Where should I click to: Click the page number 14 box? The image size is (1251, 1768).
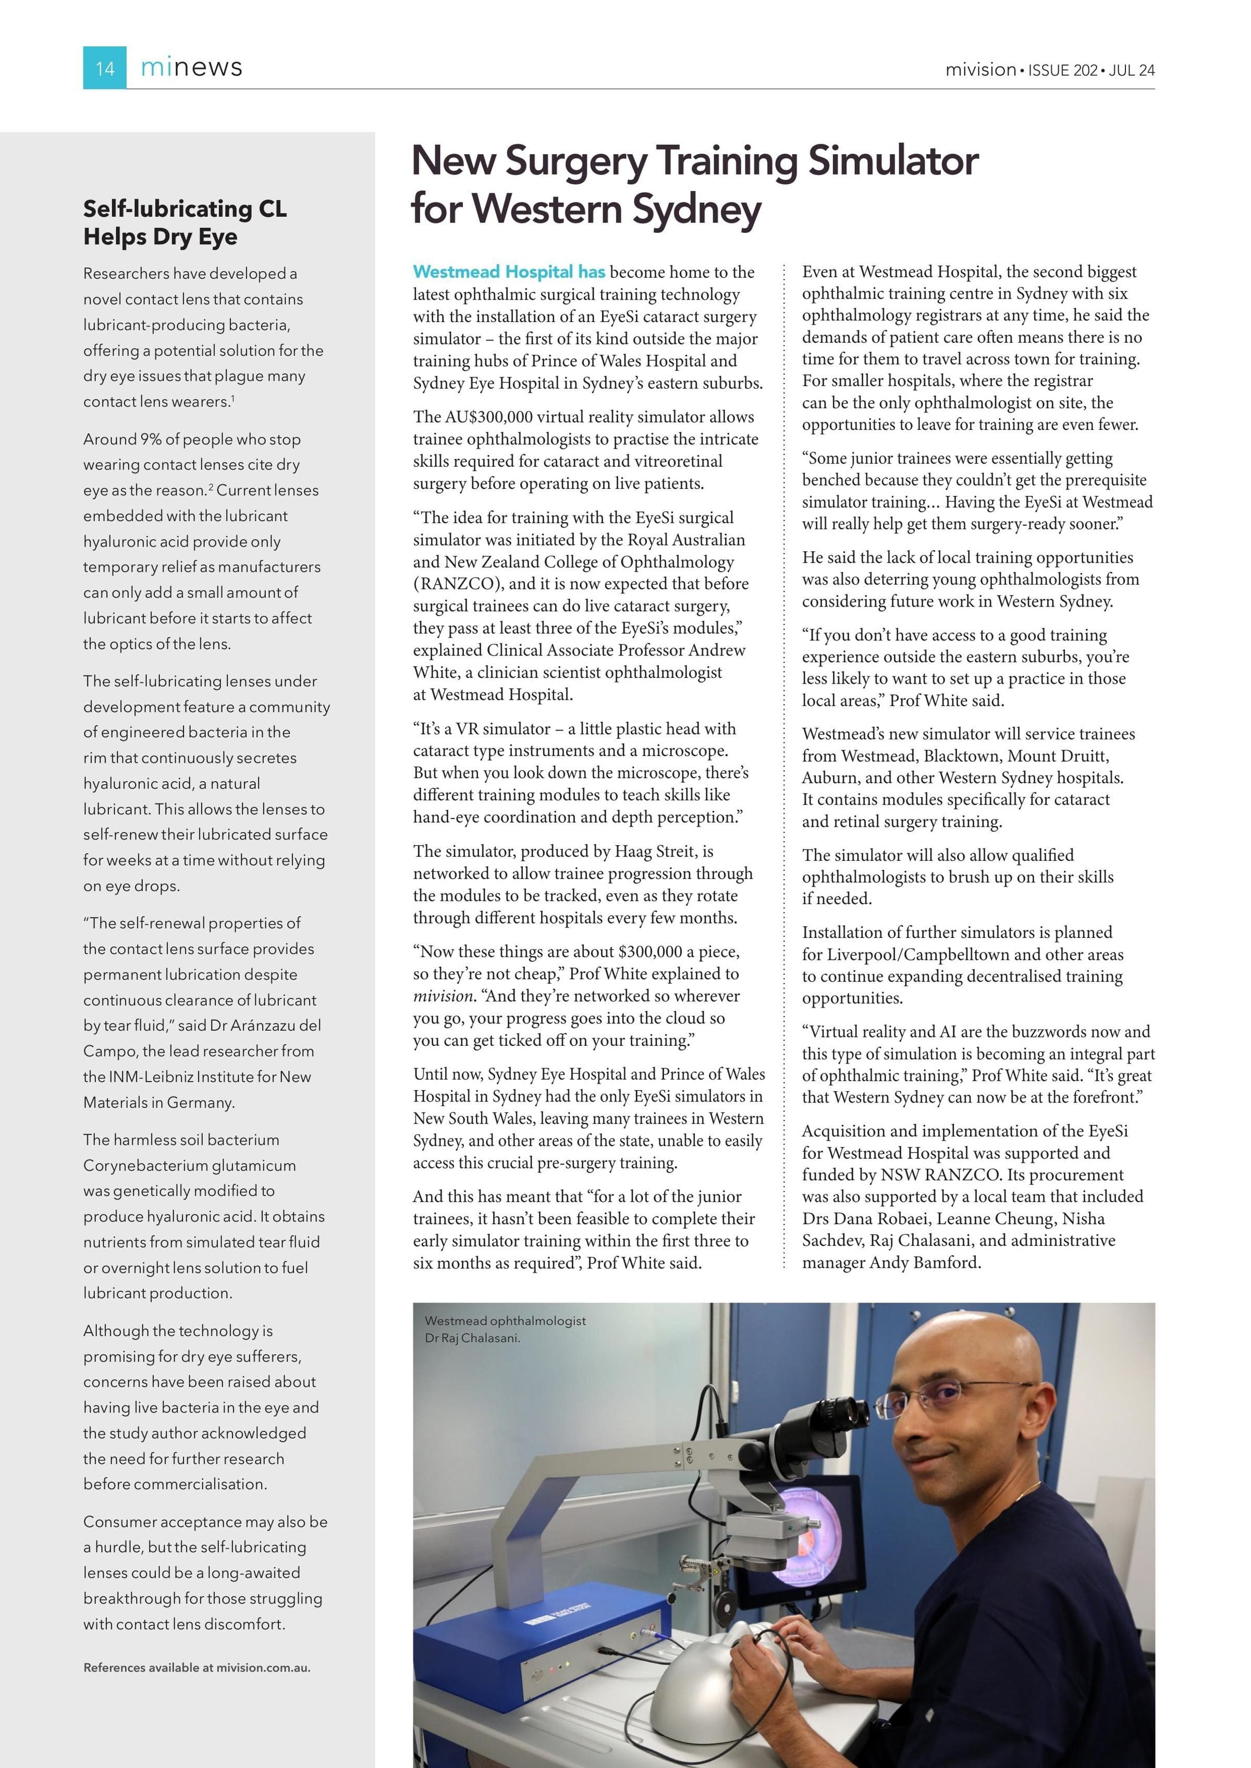click(x=105, y=68)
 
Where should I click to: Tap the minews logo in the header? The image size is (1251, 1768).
click(x=191, y=68)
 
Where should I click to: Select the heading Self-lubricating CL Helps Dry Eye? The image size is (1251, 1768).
click(x=185, y=222)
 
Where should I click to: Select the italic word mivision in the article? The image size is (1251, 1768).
click(x=442, y=996)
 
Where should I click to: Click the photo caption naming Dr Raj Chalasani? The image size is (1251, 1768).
click(x=505, y=1329)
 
